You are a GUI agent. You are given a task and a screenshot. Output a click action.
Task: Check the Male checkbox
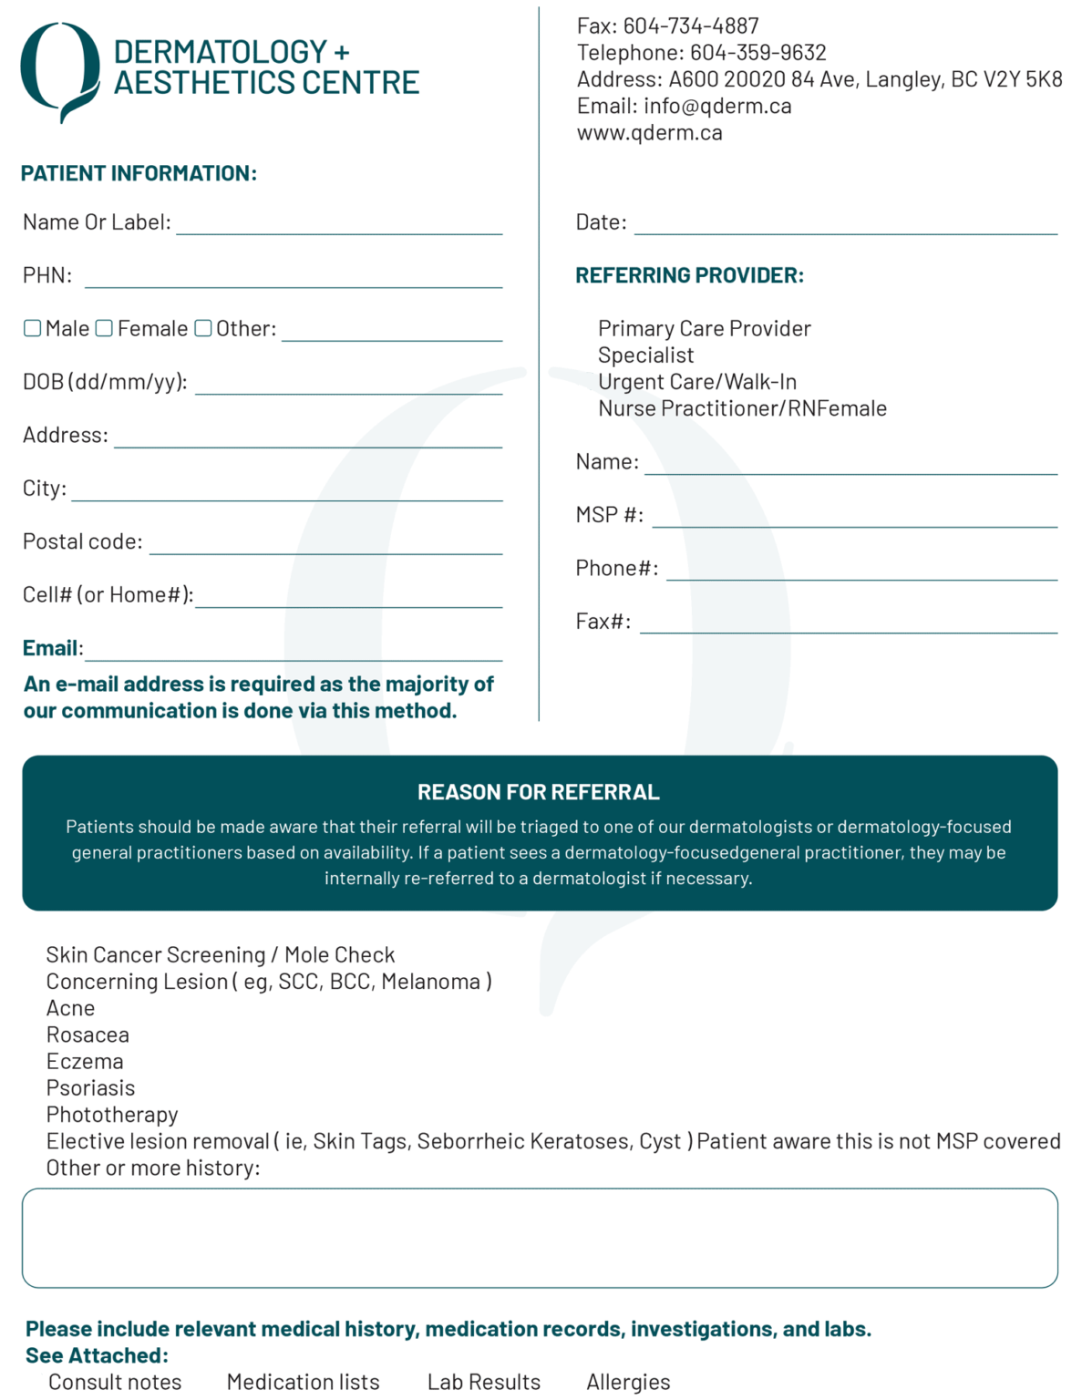[32, 328]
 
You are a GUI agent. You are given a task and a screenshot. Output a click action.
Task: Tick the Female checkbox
[104, 328]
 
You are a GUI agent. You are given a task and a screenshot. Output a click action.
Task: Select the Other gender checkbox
[203, 328]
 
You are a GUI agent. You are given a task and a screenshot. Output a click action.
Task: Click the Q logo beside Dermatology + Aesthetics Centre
[60, 71]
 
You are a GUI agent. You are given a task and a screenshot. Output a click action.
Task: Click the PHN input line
[293, 278]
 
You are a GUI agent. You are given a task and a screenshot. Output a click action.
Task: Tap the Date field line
[845, 225]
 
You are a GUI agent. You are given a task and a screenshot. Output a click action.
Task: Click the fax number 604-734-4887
[690, 26]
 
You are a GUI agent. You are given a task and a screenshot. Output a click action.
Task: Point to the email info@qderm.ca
[717, 107]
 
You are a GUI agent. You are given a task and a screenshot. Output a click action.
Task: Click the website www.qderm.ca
[649, 133]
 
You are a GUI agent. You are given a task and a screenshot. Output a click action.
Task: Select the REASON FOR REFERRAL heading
[539, 792]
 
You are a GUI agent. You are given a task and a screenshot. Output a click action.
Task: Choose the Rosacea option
[88, 1035]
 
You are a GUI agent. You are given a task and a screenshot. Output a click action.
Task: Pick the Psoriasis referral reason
[90, 1088]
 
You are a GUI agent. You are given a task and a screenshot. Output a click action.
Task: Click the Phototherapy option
[112, 1115]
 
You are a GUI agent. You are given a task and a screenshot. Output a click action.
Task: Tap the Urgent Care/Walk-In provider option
[696, 382]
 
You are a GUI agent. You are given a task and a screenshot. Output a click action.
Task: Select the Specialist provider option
[645, 355]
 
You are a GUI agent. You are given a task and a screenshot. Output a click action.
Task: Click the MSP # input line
[854, 518]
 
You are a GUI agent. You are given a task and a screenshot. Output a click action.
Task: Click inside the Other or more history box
[540, 1238]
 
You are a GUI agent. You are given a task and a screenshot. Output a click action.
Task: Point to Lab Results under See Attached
[483, 1382]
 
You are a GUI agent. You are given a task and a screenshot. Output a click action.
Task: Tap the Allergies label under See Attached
[628, 1382]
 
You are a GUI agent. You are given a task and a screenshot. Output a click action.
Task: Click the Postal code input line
[325, 544]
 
